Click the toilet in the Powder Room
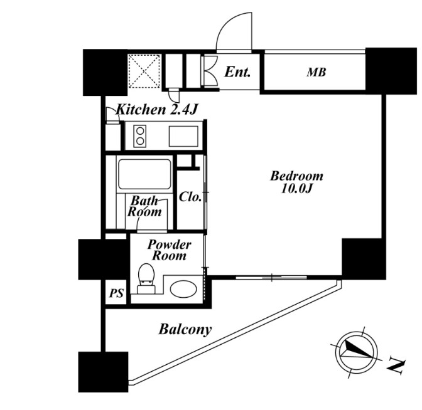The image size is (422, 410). (146, 278)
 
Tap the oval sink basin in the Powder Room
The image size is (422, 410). (183, 290)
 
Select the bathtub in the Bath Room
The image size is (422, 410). (145, 174)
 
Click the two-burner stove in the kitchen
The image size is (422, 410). (140, 136)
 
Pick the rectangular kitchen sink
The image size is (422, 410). (183, 136)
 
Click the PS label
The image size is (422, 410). (116, 293)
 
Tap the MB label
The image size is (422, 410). (316, 72)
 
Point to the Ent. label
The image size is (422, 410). (237, 72)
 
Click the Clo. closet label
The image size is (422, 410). (190, 197)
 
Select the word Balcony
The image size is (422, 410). (185, 329)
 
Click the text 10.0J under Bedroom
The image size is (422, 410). (296, 189)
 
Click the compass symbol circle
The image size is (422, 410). (357, 351)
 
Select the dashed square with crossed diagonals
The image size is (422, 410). (144, 71)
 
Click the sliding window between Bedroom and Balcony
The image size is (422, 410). (271, 277)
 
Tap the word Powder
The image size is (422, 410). (170, 244)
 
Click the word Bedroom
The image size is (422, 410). (296, 176)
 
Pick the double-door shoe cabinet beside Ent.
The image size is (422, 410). (210, 71)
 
